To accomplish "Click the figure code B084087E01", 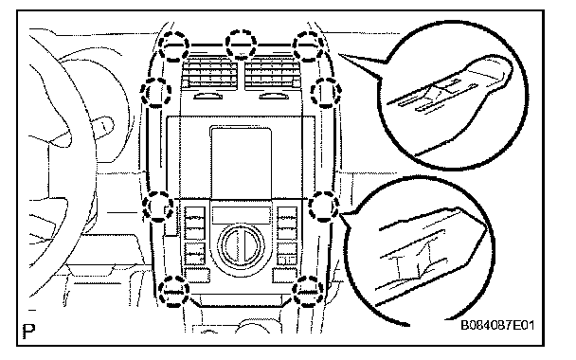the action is click(497, 326).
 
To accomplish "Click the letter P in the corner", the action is click(28, 332).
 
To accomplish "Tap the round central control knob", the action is click(241, 246).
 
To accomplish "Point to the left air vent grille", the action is click(209, 74).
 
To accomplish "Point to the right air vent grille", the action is click(272, 74).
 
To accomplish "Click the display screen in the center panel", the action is click(241, 163).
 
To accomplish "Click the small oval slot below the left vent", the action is click(208, 97).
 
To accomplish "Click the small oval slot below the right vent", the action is click(274, 97).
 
